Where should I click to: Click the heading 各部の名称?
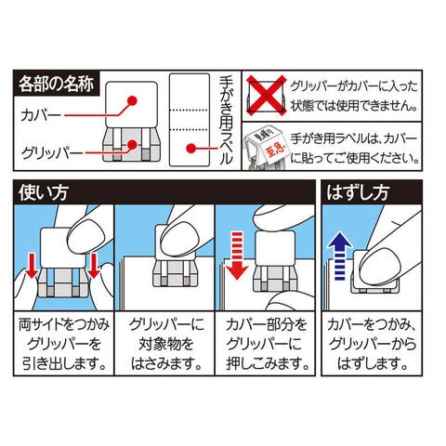coord(56,84)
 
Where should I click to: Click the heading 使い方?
coord(43,192)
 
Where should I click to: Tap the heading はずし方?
coord(358,192)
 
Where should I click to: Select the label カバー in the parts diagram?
coord(41,116)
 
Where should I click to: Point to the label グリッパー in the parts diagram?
coord(52,153)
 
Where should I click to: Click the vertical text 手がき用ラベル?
coord(226,121)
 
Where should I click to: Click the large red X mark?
coord(267,96)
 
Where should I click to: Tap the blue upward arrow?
coord(340,256)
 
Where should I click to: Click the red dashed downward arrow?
coord(237,256)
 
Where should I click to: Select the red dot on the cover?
coord(132,100)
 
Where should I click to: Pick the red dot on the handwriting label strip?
coord(191,149)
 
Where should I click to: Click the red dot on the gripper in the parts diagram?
coord(132,145)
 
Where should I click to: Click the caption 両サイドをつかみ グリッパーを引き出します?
coord(64,345)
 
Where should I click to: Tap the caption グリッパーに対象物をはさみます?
coord(165,345)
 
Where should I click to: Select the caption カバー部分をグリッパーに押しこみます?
coord(267,345)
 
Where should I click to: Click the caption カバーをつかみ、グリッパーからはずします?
coord(372,345)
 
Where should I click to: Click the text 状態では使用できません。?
coord(354,106)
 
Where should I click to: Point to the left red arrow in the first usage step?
coord(32,266)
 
